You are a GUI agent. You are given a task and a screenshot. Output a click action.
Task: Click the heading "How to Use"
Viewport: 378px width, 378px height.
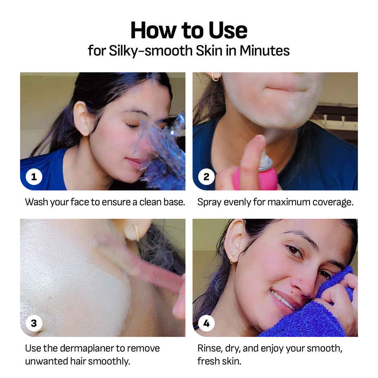click(189, 31)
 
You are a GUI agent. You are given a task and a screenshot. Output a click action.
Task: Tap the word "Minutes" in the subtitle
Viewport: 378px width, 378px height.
click(265, 51)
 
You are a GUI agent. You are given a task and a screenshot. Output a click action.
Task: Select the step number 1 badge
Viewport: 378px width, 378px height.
click(34, 177)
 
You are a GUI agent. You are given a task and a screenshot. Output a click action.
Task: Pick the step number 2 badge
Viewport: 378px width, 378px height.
click(206, 177)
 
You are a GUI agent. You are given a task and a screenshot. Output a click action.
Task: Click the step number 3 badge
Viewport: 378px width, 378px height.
click(34, 323)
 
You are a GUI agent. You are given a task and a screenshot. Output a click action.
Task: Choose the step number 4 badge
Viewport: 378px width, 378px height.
click(206, 323)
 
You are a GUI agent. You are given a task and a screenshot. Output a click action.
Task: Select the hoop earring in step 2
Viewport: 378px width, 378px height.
click(215, 77)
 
